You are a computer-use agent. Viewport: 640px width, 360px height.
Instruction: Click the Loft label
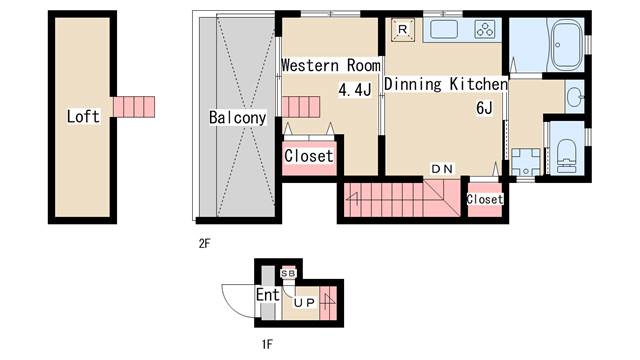tap(83, 117)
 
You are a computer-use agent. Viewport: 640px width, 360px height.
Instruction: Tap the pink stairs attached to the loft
tap(135, 105)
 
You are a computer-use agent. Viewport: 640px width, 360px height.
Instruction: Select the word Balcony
tap(237, 118)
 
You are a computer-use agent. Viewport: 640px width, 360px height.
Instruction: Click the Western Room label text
tap(330, 65)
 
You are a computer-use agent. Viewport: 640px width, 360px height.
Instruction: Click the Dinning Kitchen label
tap(445, 85)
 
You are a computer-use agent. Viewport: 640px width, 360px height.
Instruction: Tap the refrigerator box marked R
tap(402, 30)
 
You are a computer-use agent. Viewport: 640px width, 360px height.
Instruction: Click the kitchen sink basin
tap(441, 30)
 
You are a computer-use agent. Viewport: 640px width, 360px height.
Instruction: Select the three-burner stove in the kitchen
tap(485, 30)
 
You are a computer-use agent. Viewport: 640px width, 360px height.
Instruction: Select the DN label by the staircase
tap(442, 168)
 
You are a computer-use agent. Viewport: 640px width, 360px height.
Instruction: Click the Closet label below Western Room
tap(309, 157)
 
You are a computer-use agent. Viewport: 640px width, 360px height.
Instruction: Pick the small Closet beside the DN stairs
tap(485, 199)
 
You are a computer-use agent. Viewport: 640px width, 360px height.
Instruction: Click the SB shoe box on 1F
tap(289, 273)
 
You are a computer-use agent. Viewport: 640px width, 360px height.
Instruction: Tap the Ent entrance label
tap(267, 295)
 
